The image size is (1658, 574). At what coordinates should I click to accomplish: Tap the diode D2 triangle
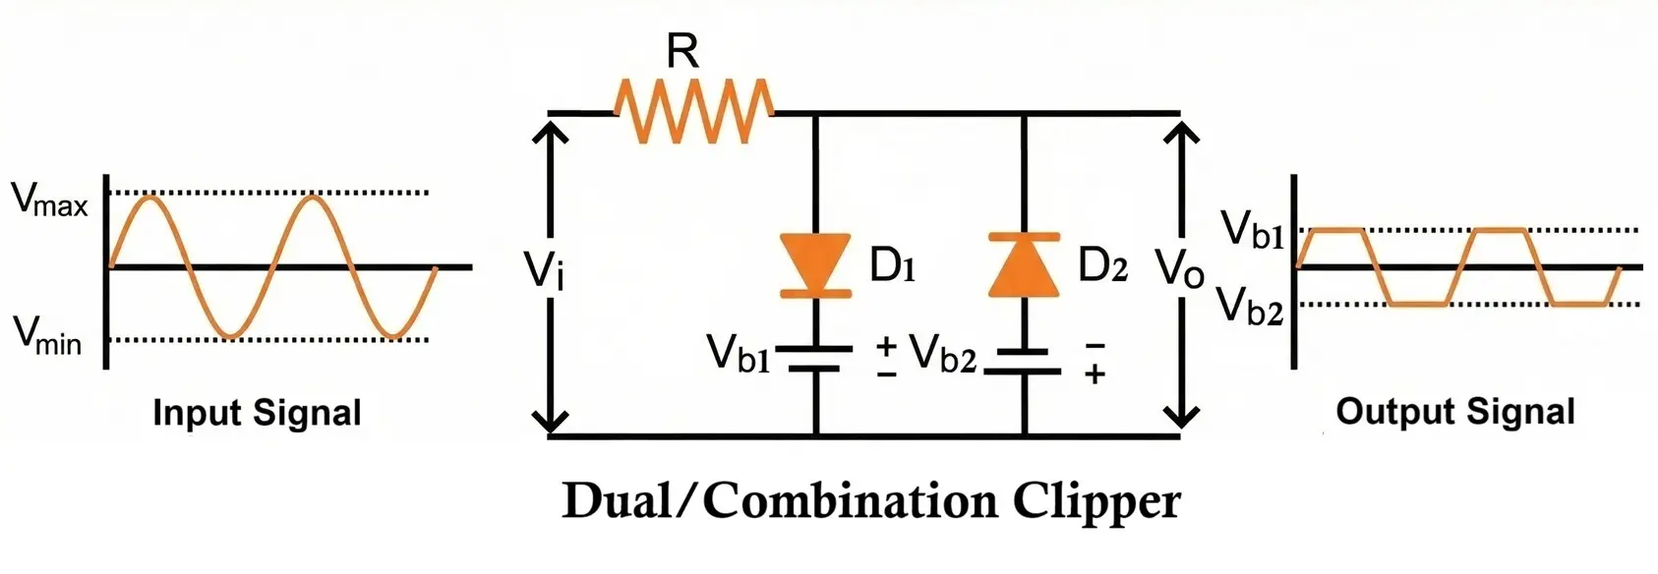pyautogui.click(x=1024, y=265)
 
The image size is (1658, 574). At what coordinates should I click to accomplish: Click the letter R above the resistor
pyautogui.click(x=682, y=51)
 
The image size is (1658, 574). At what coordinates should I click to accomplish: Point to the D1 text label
pyautogui.click(x=893, y=265)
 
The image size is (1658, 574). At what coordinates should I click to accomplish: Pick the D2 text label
pyautogui.click(x=1102, y=265)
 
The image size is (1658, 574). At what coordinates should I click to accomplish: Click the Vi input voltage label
pyautogui.click(x=544, y=270)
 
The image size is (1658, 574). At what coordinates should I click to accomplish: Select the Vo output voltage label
pyautogui.click(x=1179, y=268)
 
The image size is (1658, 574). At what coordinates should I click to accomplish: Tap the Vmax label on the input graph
pyautogui.click(x=49, y=200)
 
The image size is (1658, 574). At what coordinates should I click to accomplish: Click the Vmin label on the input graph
pyautogui.click(x=47, y=336)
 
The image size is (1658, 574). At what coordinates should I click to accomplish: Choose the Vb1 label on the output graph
pyautogui.click(x=1252, y=231)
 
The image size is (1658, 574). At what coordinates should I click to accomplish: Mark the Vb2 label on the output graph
pyautogui.click(x=1250, y=306)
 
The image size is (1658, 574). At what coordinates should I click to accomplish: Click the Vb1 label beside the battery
pyautogui.click(x=739, y=354)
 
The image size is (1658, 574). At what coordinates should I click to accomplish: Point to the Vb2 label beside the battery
pyautogui.click(x=942, y=354)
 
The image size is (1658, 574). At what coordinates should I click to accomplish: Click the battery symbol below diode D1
pyautogui.click(x=815, y=359)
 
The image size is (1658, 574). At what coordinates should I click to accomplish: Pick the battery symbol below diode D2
pyautogui.click(x=1024, y=361)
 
